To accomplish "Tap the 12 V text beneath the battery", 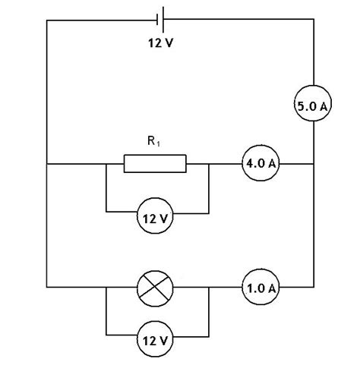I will coord(160,42).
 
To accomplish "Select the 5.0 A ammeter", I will coord(312,108).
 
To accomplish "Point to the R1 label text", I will coord(152,140).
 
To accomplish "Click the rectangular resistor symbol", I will coord(155,163).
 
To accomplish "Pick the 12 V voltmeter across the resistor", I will coord(155,219).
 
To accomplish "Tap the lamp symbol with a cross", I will coord(155,288).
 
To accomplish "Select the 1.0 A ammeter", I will coord(261,288).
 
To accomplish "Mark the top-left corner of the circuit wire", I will coord(47,20).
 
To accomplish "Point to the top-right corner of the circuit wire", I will coord(313,20).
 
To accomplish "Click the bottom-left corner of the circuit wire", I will coord(47,288).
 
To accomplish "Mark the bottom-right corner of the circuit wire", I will coord(313,288).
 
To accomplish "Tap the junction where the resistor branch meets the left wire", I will coord(47,163).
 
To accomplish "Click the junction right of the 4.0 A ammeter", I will coord(313,163).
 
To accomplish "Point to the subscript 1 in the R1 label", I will coord(158,143).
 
